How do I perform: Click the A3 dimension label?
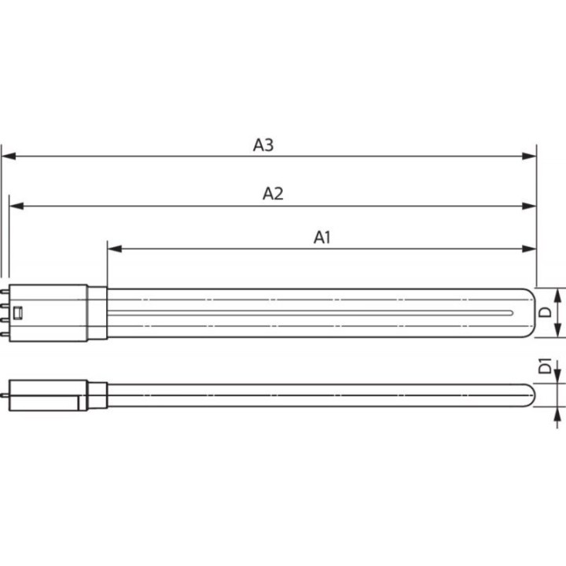tap(263, 145)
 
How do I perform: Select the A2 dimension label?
tap(273, 193)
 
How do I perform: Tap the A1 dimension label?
tap(322, 237)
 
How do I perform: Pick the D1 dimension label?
tap(545, 366)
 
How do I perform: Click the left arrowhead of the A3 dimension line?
tap(9, 156)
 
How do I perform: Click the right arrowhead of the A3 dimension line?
tap(529, 156)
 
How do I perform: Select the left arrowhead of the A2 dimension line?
tap(17, 206)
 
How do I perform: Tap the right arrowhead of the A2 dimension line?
tap(529, 206)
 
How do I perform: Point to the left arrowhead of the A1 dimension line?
tap(115, 248)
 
